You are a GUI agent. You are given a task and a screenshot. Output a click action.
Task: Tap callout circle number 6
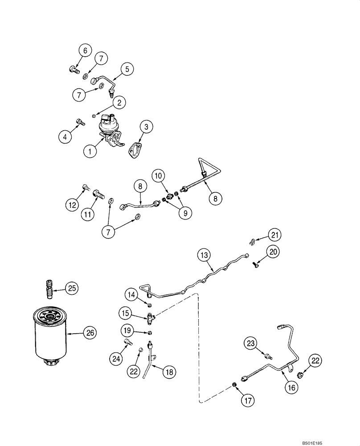[83, 50]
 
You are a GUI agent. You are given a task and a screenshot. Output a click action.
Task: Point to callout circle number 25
[72, 288]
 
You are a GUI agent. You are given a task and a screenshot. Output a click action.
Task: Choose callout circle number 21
[275, 234]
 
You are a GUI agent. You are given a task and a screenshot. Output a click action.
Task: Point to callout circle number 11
[88, 214]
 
